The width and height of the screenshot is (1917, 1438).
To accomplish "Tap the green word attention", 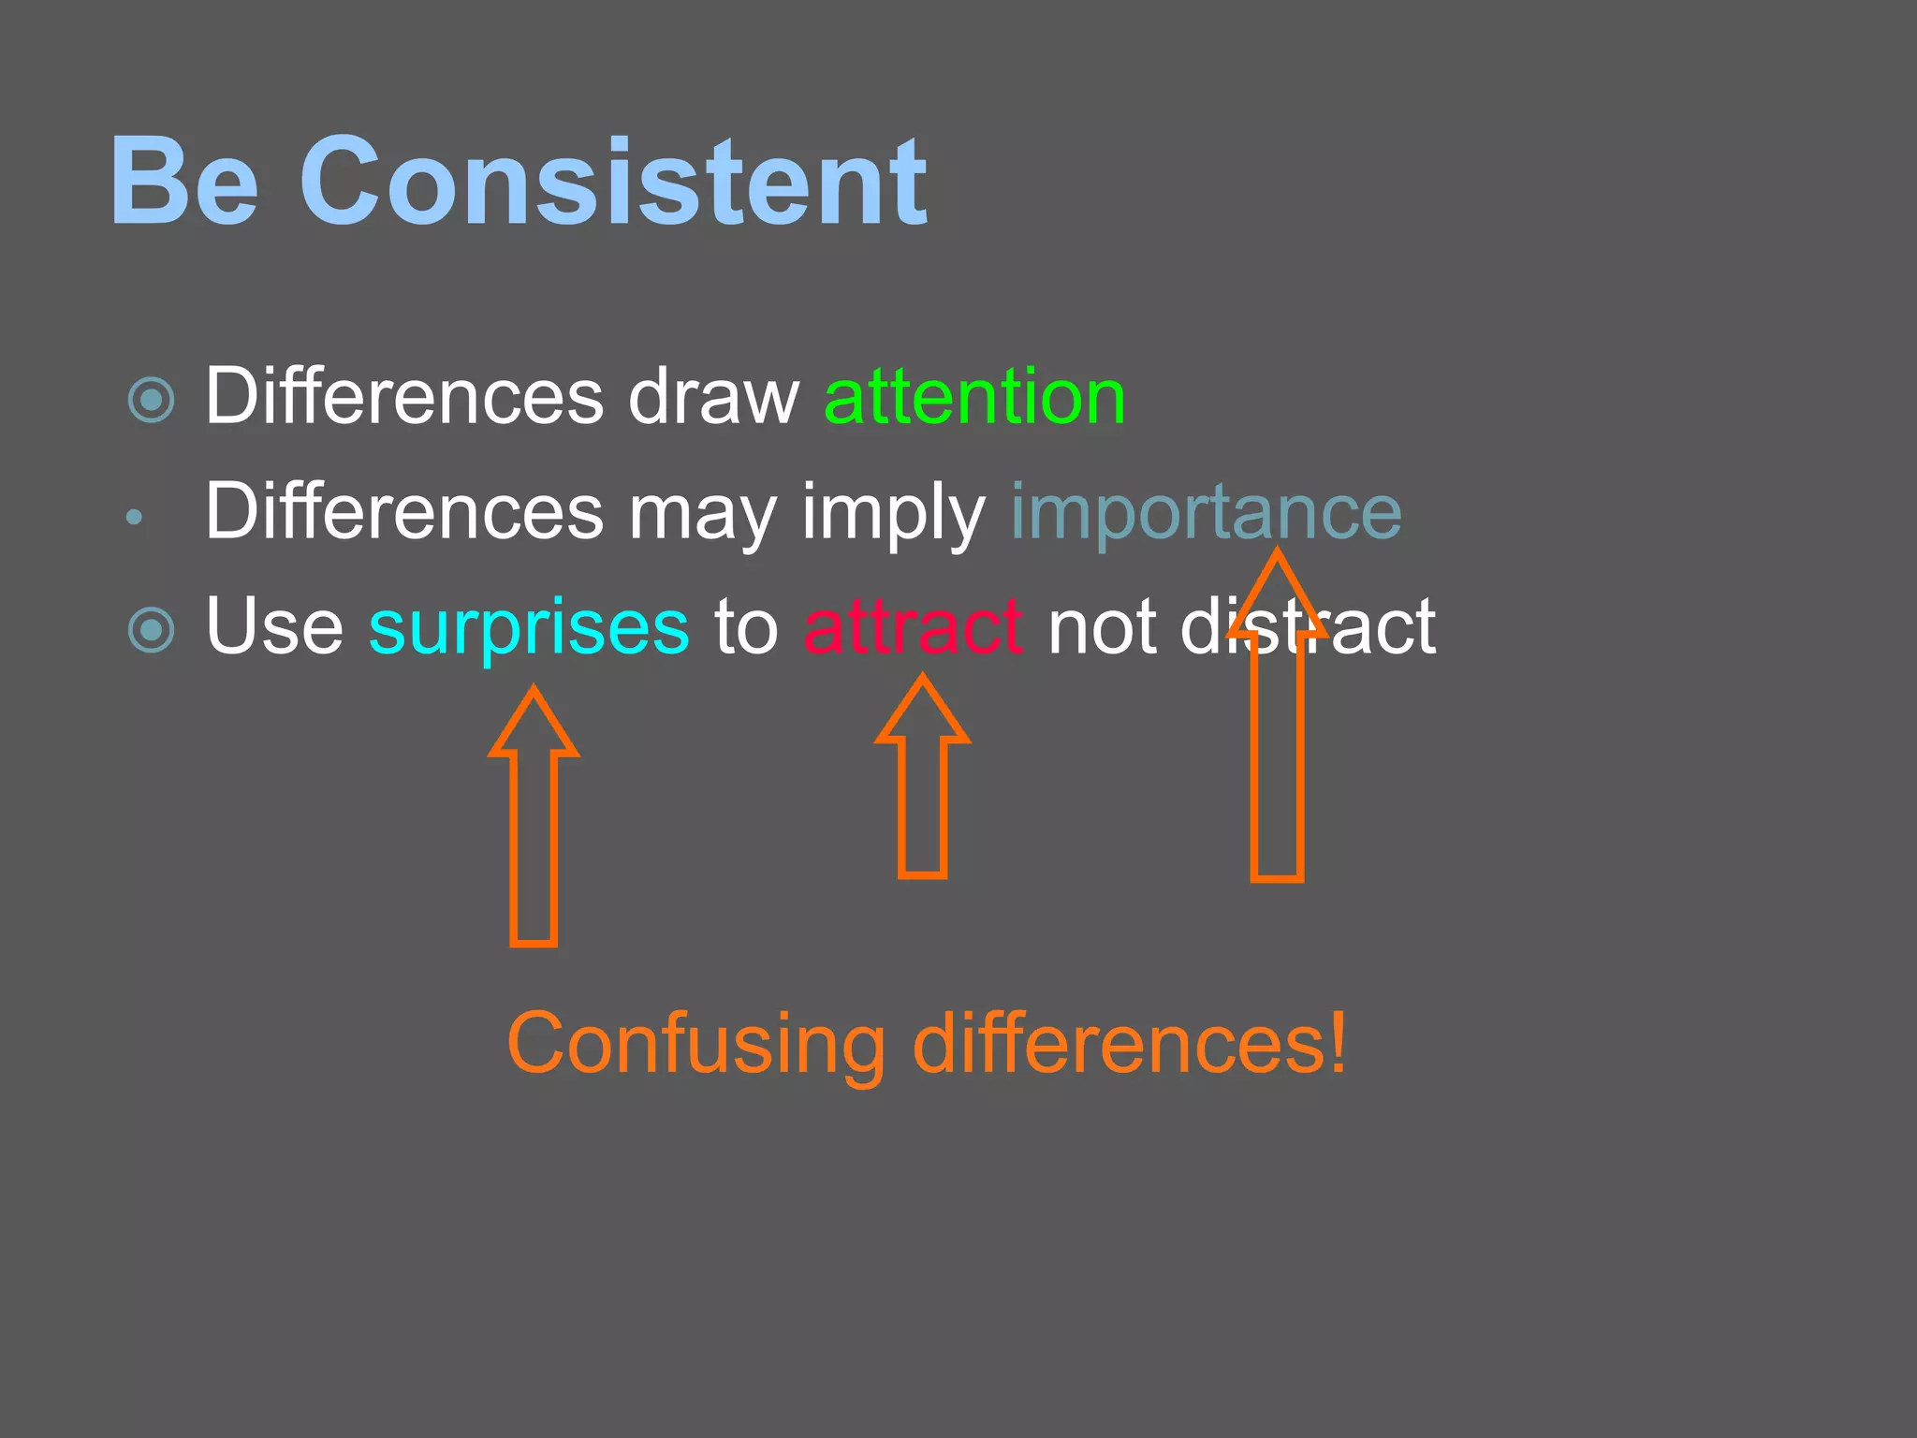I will pos(973,397).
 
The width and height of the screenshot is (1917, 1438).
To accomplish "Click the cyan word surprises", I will pos(529,627).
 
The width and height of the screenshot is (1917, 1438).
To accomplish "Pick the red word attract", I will pos(912,627).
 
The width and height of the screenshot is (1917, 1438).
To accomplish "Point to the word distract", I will pos(1308,627).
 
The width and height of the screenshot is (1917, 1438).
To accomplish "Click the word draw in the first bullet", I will pos(713,397).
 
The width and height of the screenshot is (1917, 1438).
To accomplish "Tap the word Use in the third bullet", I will pos(274,627).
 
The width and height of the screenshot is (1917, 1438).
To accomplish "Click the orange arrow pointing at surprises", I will pos(534,824).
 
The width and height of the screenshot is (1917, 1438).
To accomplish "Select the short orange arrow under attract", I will pos(922,786).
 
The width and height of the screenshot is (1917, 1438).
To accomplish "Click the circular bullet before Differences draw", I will pos(151,401).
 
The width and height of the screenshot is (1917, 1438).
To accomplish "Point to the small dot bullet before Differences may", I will pos(134,517).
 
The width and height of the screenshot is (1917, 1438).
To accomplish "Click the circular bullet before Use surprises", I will pos(151,630).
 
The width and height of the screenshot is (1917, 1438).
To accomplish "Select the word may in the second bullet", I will pos(702,515).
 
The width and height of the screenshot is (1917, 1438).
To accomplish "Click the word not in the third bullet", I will pos(1102,627).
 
